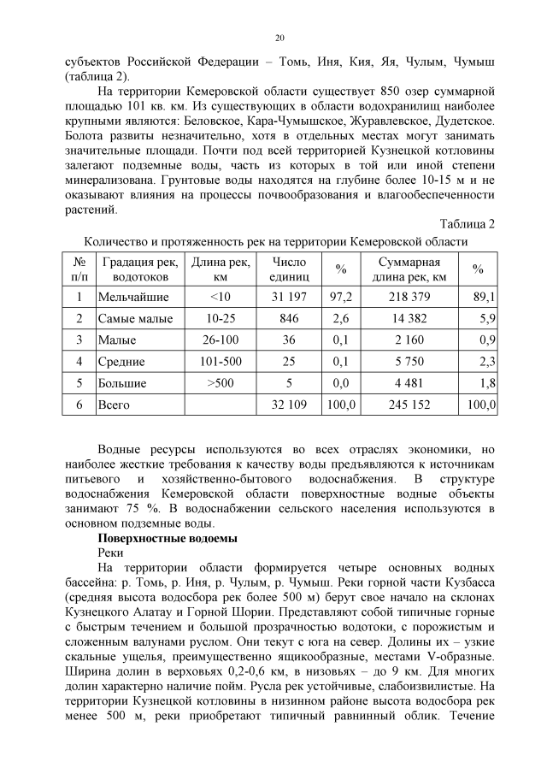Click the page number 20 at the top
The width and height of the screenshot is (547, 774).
coord(279,38)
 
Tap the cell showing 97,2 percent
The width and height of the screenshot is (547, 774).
coord(341,298)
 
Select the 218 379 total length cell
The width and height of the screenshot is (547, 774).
coord(409,298)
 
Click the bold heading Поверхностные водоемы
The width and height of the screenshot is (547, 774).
coord(168,539)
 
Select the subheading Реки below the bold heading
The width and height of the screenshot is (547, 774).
coord(112,553)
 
